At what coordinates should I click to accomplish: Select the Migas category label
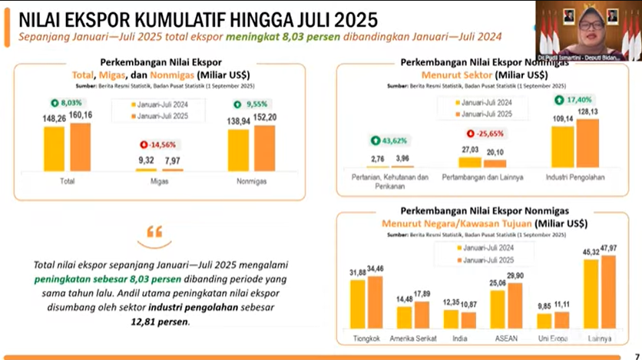click(x=159, y=181)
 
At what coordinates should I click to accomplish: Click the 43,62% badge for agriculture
click(x=389, y=140)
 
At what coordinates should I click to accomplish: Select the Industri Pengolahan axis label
click(x=575, y=177)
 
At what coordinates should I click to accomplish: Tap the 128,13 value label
click(x=588, y=112)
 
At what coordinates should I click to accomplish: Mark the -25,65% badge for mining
click(x=484, y=133)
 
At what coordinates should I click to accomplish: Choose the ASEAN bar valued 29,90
click(x=515, y=306)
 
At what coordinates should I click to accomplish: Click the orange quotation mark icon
click(x=154, y=231)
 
